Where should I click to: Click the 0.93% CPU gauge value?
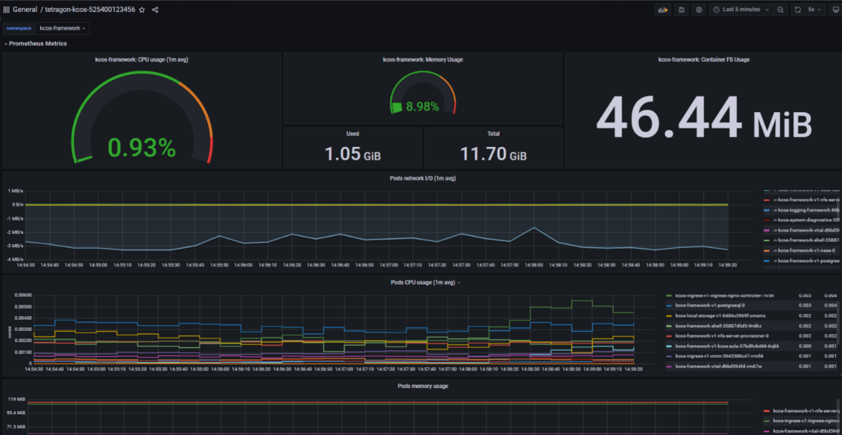[141, 148]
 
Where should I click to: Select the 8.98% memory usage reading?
[422, 107]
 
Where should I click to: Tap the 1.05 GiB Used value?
[352, 154]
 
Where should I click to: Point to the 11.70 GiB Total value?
[493, 154]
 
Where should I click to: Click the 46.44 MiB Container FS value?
[704, 119]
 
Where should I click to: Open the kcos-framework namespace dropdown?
[62, 28]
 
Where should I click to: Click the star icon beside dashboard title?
[142, 10]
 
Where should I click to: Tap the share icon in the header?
[155, 10]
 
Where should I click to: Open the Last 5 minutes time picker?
[741, 9]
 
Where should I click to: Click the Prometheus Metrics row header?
[38, 43]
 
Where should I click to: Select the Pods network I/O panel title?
[423, 178]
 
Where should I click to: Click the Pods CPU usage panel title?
[423, 282]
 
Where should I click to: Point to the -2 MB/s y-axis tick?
[15, 232]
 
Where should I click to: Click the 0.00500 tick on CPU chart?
[23, 307]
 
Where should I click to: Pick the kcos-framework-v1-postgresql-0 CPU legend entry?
[710, 305]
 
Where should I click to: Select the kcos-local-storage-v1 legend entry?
[720, 316]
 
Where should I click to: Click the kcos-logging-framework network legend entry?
[806, 210]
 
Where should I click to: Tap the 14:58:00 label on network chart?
[534, 265]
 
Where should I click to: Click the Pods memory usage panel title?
[423, 386]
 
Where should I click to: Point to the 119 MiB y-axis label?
[17, 399]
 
